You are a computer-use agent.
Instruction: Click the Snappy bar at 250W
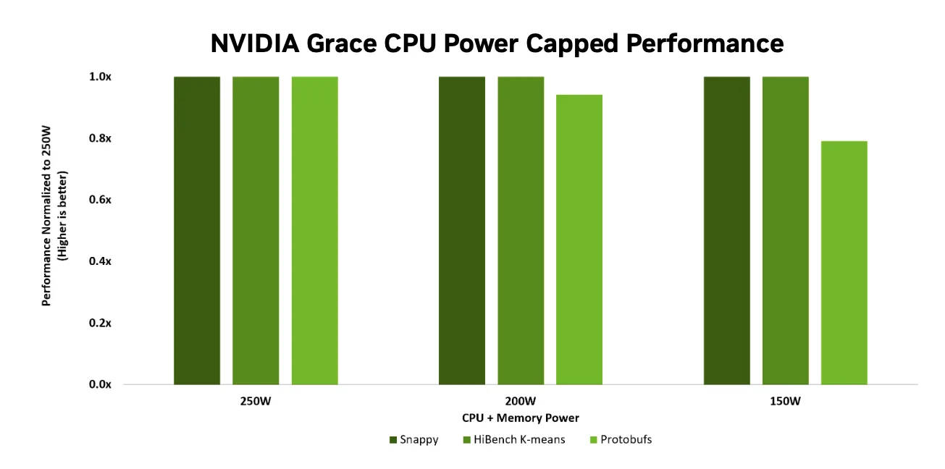pos(197,230)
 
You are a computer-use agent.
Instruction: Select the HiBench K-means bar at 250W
pos(256,230)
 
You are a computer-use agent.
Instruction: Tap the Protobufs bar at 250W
pos(314,230)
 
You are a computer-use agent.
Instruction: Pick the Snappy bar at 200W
pos(462,230)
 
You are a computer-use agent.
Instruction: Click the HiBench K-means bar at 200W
pos(521,230)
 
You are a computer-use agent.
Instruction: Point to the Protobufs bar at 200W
pos(579,240)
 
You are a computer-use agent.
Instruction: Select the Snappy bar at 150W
pos(727,230)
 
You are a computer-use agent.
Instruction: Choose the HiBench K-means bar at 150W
pos(786,230)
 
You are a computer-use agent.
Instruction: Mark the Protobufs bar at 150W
pos(844,263)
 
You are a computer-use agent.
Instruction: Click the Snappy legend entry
pos(413,439)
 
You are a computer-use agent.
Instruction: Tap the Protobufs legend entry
pos(621,439)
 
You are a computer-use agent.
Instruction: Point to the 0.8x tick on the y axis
pos(100,138)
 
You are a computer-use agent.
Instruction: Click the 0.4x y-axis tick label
pos(100,261)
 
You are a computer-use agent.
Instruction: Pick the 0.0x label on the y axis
pos(100,384)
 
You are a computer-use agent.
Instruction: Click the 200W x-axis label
pos(521,401)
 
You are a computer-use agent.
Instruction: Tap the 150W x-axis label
pos(786,401)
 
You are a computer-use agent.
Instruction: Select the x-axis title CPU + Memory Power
pos(521,418)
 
